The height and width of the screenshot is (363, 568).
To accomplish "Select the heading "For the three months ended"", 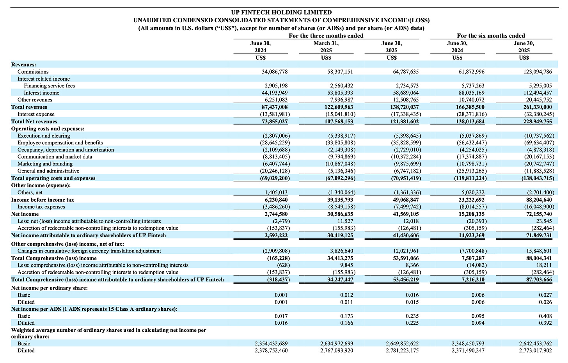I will point(326,36).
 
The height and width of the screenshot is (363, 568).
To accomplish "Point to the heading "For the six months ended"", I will point(491,36).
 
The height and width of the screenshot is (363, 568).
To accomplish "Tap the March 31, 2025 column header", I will point(326,47).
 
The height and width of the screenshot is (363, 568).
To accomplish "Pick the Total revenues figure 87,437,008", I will point(274,107).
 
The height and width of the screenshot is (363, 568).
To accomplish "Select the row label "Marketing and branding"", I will point(45,164).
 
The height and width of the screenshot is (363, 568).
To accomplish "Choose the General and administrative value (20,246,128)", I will point(275,171).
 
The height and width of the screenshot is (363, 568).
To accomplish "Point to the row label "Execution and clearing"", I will point(44,136).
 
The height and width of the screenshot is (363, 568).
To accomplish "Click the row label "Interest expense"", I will point(36,114).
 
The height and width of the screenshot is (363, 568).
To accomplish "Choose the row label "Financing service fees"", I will point(49,86).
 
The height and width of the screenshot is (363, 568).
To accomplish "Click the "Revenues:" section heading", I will point(23,64).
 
